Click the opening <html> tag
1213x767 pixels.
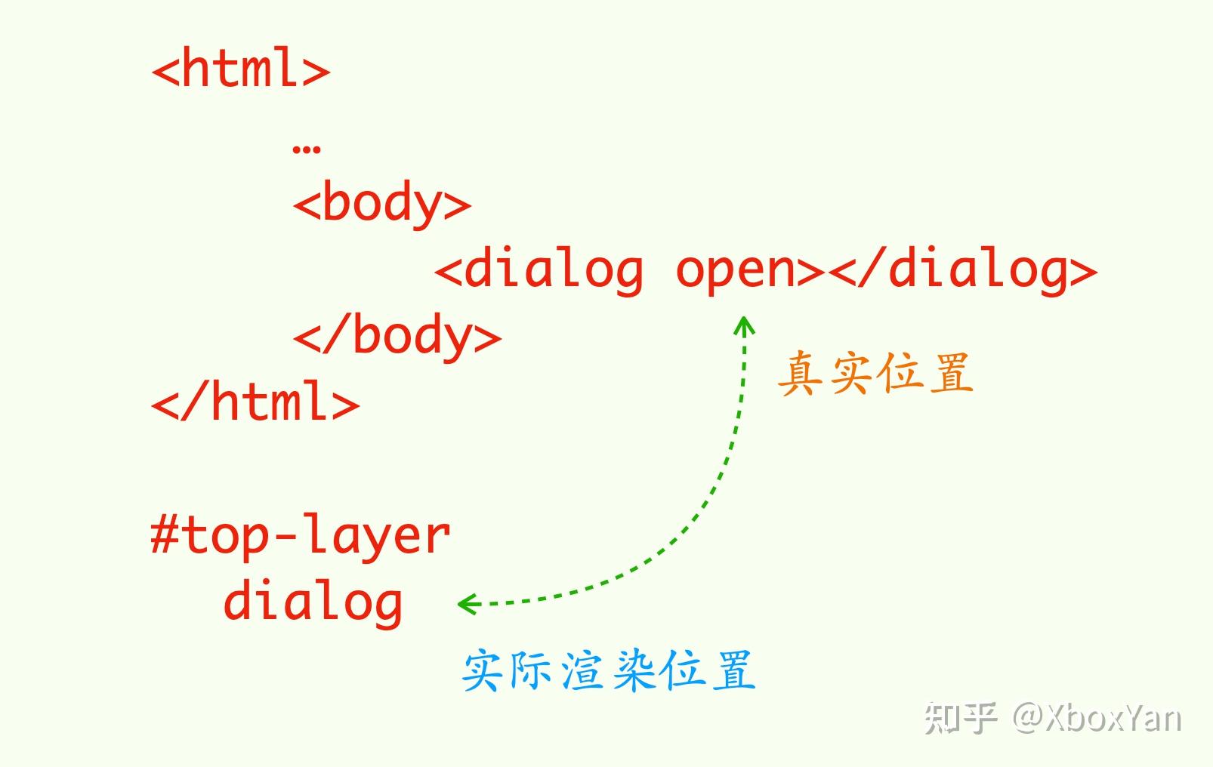click(241, 69)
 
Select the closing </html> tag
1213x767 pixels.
click(255, 402)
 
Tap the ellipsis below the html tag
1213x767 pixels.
click(306, 147)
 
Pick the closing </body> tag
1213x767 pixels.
click(397, 336)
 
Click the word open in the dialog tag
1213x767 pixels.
click(736, 270)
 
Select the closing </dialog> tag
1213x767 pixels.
click(963, 270)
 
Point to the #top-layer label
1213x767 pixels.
click(301, 536)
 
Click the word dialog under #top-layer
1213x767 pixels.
click(313, 602)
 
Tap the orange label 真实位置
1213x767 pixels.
click(875, 373)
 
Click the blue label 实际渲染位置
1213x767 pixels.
click(609, 670)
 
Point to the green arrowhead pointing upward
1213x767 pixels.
click(745, 326)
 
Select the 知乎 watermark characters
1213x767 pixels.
click(960, 717)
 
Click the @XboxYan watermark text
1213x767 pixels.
click(1097, 717)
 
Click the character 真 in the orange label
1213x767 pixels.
click(801, 373)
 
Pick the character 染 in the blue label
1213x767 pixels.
click(633, 670)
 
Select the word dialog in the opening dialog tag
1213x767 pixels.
click(554, 270)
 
